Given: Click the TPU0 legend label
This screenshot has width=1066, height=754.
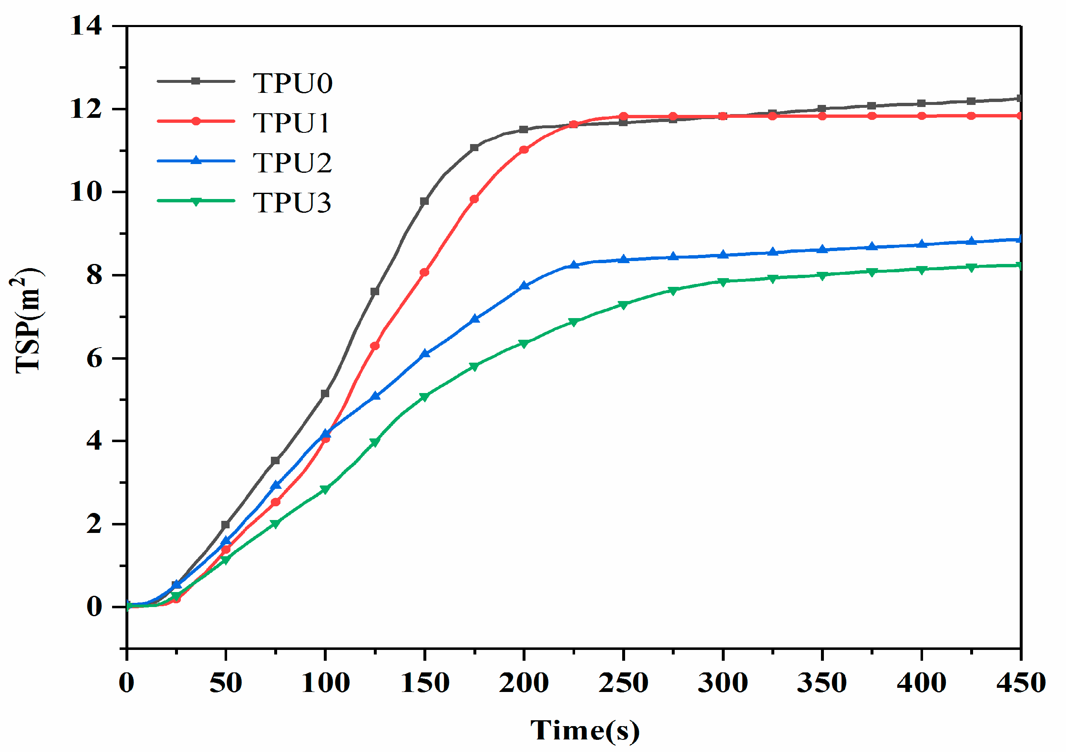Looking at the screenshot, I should [292, 84].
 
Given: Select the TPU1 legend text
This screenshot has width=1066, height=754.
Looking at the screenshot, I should [291, 123].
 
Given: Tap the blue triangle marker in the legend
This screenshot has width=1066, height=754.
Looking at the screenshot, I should [196, 161].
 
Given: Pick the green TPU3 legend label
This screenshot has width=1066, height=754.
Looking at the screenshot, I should [292, 202].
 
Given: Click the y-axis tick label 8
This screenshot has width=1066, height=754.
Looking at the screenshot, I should [94, 275].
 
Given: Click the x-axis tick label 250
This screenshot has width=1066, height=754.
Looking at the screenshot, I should [623, 683].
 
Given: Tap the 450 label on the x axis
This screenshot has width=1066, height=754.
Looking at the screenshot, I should [1021, 683].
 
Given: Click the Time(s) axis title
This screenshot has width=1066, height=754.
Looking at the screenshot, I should [585, 730].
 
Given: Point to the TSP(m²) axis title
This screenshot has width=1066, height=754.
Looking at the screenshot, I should [28, 320].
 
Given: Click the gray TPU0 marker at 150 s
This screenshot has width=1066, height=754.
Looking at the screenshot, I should [424, 201].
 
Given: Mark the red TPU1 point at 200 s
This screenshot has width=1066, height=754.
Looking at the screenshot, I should [524, 149].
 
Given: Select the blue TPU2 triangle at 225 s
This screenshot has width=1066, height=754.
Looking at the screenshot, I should [574, 265].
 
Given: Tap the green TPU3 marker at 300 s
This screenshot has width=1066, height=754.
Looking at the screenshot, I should [723, 282].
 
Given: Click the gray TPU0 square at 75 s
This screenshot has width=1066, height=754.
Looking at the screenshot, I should [275, 460].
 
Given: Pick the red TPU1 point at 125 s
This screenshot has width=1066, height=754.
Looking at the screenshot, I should [375, 346].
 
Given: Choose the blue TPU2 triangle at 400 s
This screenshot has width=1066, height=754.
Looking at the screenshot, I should [921, 244].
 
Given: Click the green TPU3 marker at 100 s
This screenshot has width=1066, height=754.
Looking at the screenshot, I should [325, 489].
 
